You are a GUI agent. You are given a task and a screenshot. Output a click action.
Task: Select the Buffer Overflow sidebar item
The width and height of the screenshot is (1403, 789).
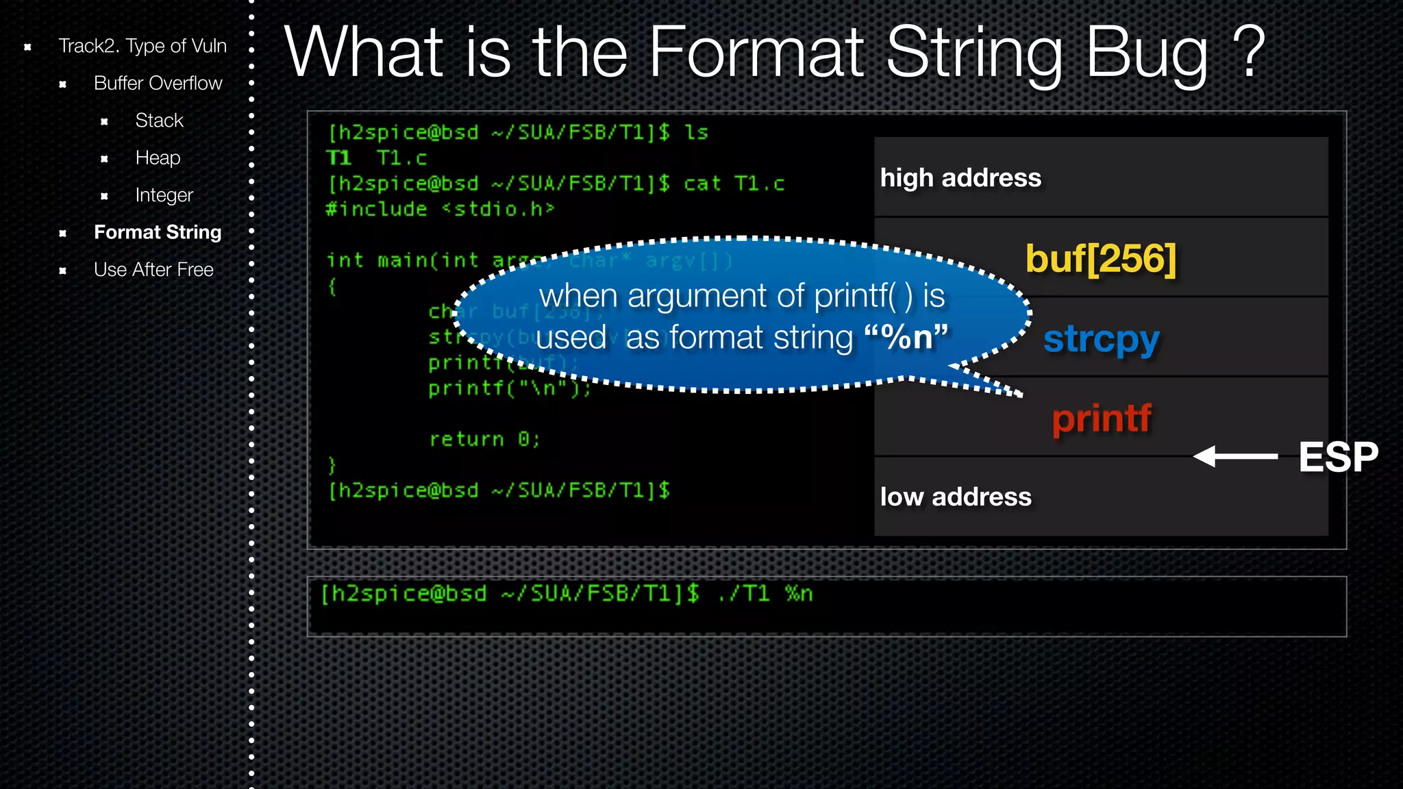[x=158, y=84]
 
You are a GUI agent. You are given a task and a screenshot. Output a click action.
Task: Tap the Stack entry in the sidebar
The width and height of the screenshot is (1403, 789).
[x=159, y=121]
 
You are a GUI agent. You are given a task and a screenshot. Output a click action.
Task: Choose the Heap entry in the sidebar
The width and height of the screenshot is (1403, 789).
[x=158, y=158]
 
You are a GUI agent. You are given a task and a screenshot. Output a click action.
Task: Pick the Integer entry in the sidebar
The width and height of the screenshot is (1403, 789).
[x=164, y=195]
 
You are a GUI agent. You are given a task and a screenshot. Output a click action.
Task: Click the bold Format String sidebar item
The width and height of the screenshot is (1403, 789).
[x=158, y=233]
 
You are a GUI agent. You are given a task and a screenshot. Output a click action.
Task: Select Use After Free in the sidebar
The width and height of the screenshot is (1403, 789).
[x=153, y=270]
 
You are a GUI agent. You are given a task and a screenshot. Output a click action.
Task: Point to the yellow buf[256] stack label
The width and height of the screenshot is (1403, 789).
[x=1100, y=259]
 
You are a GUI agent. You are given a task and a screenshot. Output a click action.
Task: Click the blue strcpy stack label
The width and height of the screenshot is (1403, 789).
[x=1101, y=339]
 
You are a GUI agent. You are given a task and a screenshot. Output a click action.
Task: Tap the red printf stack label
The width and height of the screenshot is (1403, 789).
[x=1102, y=418]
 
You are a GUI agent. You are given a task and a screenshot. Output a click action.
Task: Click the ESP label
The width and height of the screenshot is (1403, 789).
[x=1338, y=458]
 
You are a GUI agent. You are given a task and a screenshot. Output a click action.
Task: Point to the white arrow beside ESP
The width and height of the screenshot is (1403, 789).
[x=1234, y=456]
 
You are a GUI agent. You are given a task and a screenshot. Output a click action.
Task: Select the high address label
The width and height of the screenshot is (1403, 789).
[x=960, y=178]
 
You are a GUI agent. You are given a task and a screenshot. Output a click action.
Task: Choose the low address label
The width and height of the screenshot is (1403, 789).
[x=956, y=497]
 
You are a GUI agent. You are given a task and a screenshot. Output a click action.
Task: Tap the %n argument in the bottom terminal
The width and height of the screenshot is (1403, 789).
[x=799, y=594]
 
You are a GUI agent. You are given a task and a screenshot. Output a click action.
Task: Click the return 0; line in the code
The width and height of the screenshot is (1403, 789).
[x=484, y=440]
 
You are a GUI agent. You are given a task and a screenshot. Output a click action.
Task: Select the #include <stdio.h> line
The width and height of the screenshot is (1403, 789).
[x=440, y=210]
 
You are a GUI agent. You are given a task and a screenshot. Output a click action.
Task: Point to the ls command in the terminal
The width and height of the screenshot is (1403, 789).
[x=696, y=132]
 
